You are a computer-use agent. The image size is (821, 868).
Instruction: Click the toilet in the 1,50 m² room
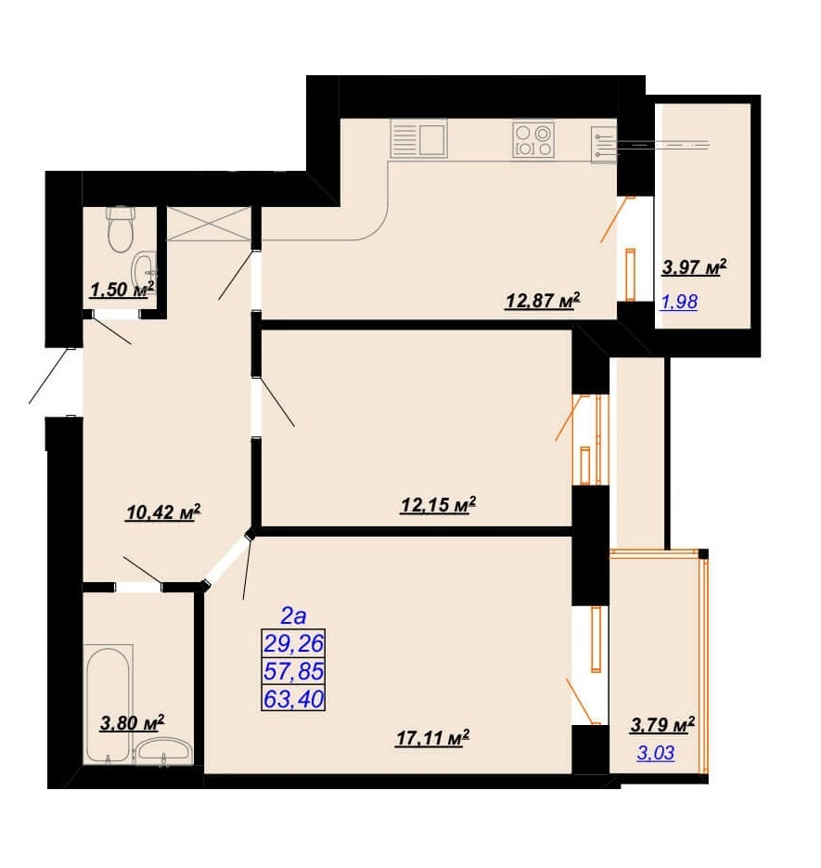click(x=122, y=228)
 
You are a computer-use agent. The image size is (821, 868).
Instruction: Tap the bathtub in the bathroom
click(x=109, y=703)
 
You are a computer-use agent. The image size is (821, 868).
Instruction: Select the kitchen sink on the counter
click(x=418, y=139)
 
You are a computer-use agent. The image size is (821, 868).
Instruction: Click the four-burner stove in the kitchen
click(x=533, y=140)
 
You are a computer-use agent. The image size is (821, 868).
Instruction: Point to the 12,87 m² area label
click(x=543, y=301)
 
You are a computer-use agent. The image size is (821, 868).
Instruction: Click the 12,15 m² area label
click(x=438, y=505)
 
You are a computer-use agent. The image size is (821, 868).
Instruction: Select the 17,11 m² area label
click(x=432, y=738)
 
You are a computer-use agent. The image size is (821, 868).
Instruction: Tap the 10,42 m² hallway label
click(x=163, y=512)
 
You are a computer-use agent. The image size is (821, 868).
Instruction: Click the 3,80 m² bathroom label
click(x=133, y=723)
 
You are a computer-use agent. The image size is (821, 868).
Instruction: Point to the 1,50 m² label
click(x=122, y=289)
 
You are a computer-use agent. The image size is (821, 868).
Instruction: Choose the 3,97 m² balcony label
click(x=694, y=268)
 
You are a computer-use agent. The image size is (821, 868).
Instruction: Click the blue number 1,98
click(x=679, y=302)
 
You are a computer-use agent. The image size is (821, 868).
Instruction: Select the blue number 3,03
click(x=656, y=753)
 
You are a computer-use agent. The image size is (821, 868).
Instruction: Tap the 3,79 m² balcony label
click(x=662, y=725)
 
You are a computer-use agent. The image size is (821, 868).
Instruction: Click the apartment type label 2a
click(x=293, y=615)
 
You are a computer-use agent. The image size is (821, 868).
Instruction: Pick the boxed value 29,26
click(x=293, y=643)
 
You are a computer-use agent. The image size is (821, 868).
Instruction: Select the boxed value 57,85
click(x=293, y=671)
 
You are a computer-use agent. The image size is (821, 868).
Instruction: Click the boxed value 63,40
click(x=293, y=699)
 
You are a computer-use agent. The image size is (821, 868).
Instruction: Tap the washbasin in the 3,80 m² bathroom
click(x=164, y=751)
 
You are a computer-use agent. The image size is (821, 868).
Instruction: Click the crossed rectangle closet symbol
click(x=209, y=224)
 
